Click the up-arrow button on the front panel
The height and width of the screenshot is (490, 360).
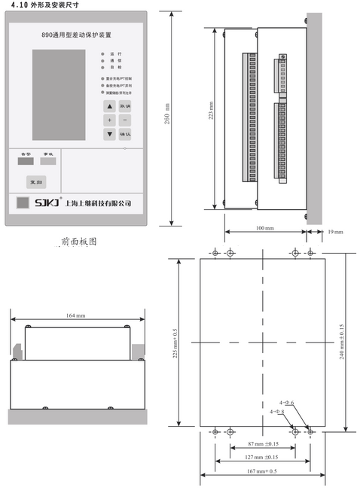[x=109, y=106]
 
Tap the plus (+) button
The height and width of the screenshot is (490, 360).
[x=109, y=120]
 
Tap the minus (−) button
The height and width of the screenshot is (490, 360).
[x=125, y=120]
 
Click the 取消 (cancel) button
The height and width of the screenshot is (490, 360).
[x=125, y=106]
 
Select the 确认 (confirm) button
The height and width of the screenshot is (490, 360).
[x=125, y=135]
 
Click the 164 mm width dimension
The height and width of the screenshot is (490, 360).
[x=76, y=315]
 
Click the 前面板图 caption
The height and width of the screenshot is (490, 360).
[x=79, y=242]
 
